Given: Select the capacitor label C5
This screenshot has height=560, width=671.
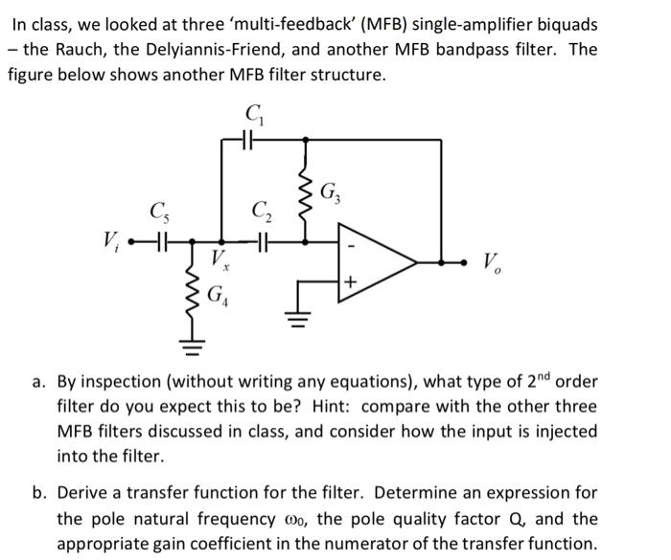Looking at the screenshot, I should point(156,211).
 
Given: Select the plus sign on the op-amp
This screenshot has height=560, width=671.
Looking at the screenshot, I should point(351,283).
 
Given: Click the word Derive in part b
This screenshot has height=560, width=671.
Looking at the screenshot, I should point(88,494).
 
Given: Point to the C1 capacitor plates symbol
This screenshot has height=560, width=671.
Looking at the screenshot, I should point(244,139).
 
